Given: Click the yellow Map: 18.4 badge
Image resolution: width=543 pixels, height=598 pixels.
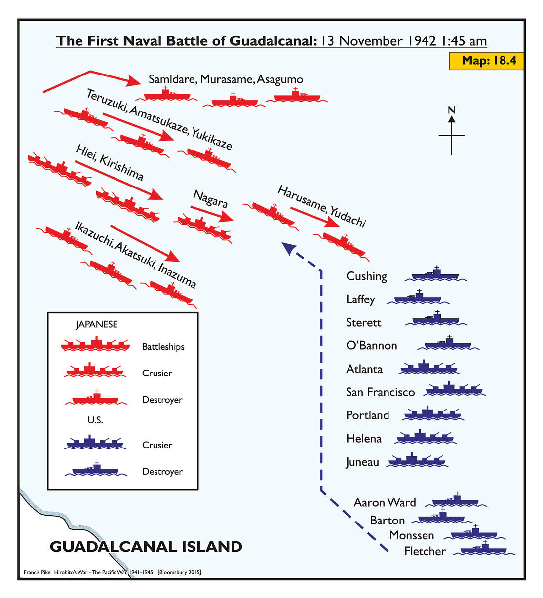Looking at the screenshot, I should [x=486, y=61].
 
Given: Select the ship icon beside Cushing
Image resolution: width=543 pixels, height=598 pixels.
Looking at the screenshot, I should [x=435, y=275].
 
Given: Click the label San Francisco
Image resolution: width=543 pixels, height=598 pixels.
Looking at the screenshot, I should [x=380, y=392].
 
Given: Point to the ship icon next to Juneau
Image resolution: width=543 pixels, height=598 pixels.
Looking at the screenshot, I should [x=417, y=461].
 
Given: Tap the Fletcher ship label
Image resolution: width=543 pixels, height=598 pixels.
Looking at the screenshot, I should [x=425, y=551].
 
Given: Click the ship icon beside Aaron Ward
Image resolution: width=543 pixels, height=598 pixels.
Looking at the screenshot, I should [x=456, y=501].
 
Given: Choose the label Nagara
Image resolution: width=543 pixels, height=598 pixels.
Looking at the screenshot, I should [x=210, y=199].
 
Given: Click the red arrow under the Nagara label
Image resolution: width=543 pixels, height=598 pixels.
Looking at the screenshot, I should [x=212, y=214].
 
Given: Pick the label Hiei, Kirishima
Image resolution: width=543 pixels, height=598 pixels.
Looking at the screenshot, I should [x=110, y=163].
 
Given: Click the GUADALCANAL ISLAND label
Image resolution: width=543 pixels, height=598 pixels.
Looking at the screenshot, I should [x=146, y=547].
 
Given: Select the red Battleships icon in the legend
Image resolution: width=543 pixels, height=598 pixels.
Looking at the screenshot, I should [x=95, y=345].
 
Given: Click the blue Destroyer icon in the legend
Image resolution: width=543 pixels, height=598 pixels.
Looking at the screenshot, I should [x=95, y=470].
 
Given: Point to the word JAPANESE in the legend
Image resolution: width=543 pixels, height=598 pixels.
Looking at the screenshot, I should [x=96, y=324].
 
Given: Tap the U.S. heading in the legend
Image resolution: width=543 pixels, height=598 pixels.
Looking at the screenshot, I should [x=95, y=420].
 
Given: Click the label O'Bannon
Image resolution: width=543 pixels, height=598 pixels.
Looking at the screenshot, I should [x=371, y=345].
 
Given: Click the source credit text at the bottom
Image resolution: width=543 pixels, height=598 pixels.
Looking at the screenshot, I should [x=113, y=572].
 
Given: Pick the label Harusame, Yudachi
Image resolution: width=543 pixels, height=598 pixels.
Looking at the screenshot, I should [x=322, y=206].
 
